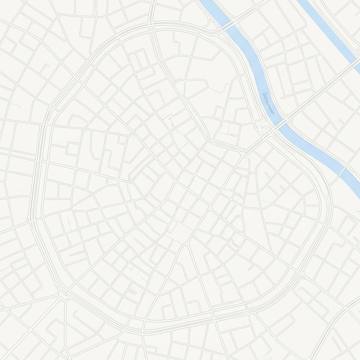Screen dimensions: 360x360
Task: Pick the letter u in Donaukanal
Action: (267, 102)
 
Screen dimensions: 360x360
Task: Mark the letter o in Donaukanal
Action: (265, 97)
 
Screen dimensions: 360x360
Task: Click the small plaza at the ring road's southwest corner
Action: (63, 294)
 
